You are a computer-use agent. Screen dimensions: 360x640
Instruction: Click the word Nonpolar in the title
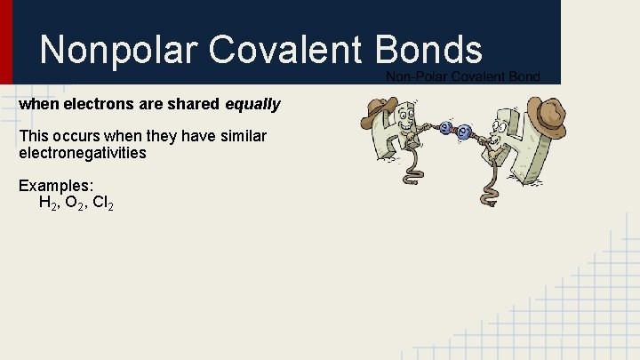tap(120, 50)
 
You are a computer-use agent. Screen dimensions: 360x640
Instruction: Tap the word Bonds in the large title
tap(430, 50)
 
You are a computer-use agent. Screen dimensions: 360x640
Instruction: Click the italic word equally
tap(252, 105)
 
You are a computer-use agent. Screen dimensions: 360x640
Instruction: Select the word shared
tap(196, 105)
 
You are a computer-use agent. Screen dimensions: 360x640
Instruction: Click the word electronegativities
tap(82, 153)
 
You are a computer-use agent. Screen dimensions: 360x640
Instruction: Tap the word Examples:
tap(56, 187)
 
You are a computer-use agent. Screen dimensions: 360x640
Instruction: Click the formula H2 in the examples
tap(49, 204)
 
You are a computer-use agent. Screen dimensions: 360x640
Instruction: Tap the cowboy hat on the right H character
tap(546, 115)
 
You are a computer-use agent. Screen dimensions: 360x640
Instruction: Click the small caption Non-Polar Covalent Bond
tap(462, 77)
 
